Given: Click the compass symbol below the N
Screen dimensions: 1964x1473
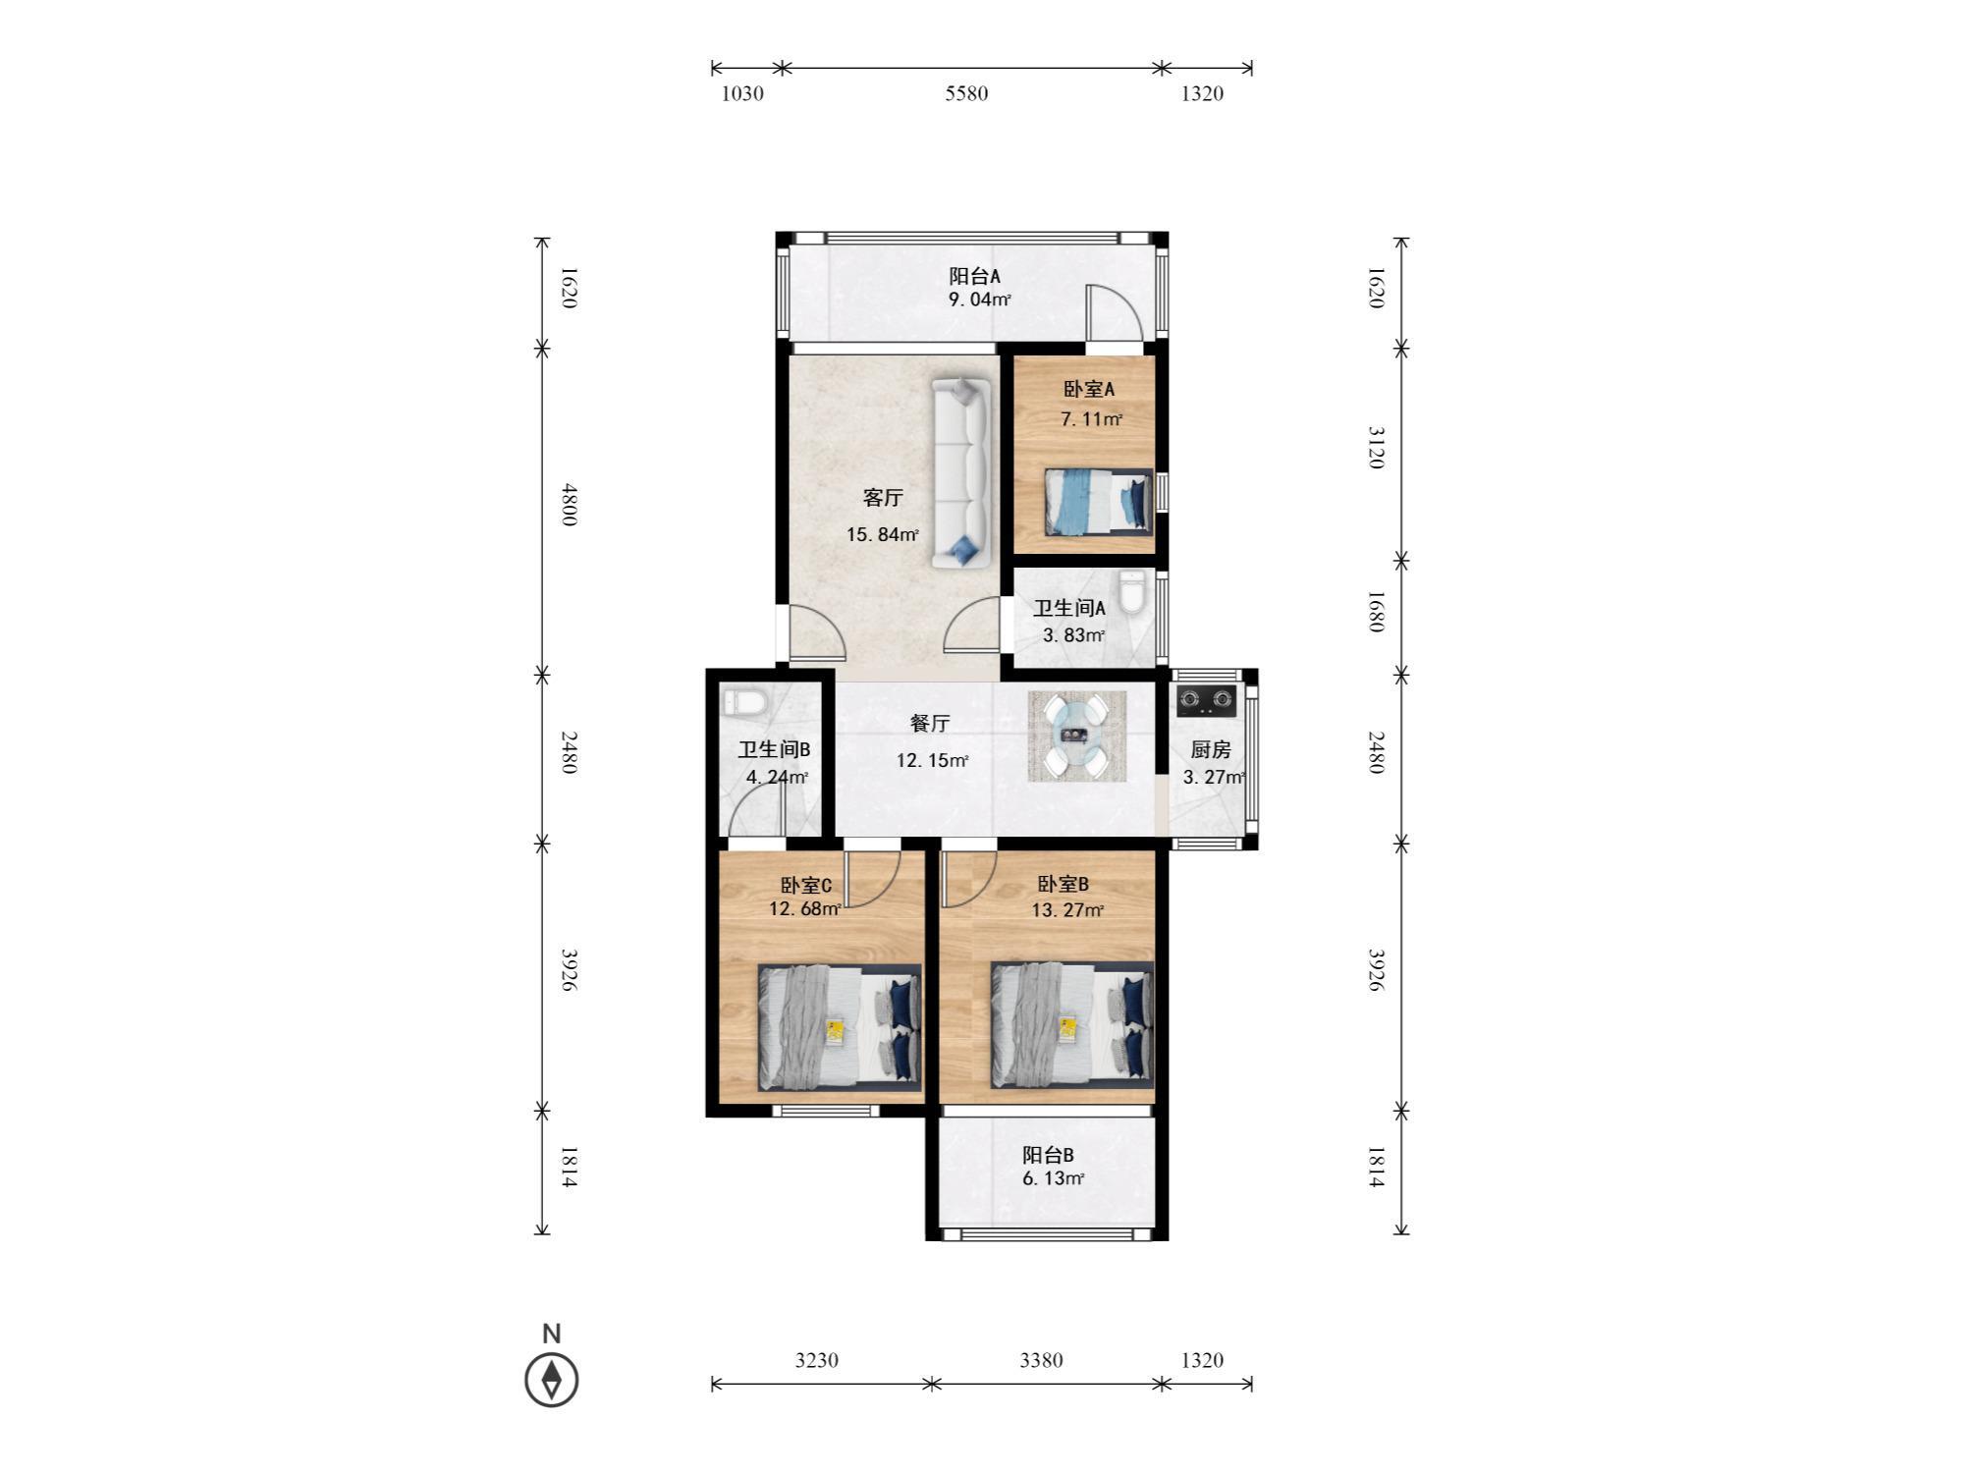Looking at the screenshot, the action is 552,1380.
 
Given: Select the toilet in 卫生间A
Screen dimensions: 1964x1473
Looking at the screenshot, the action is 1132,592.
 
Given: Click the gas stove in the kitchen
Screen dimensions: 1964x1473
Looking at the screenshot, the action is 1207,699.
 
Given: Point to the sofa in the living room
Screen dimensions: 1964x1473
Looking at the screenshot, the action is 961,473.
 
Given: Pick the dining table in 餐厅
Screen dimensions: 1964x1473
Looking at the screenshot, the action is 1077,736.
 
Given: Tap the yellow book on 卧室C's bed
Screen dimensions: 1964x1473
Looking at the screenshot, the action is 835,1030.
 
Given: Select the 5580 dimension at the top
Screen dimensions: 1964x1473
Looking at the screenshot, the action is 966,93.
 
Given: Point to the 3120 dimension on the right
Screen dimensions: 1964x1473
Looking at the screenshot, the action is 1376,448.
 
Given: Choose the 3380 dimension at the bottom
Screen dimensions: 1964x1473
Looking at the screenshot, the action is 1041,1360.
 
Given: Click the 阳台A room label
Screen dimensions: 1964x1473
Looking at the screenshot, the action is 974,276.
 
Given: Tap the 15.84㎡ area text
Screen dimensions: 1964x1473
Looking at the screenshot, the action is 883,534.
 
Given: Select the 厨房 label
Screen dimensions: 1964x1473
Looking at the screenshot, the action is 1211,749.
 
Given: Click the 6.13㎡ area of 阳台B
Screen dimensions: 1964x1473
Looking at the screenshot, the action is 1054,1178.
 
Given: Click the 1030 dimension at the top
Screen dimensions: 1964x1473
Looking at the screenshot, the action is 742,93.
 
